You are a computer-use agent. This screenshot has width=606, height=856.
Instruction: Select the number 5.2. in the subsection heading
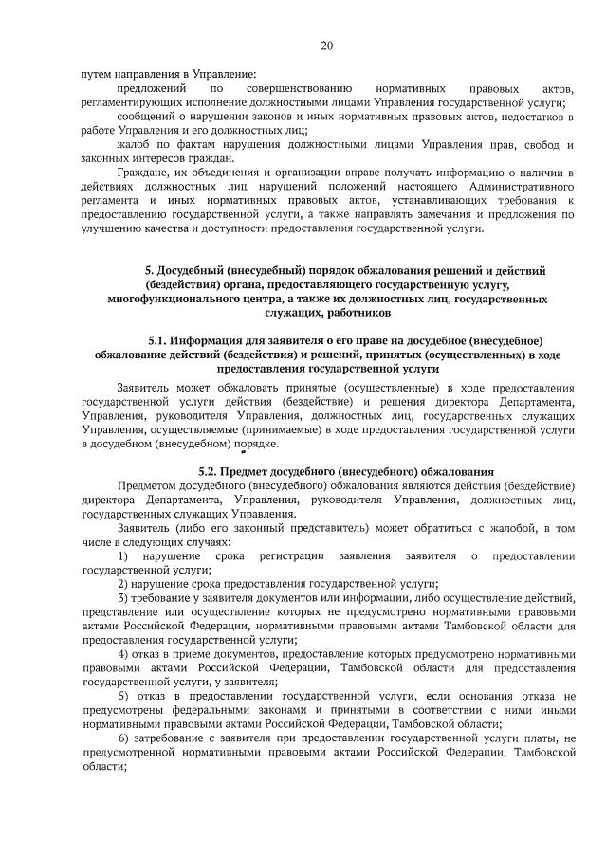click(x=212, y=471)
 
